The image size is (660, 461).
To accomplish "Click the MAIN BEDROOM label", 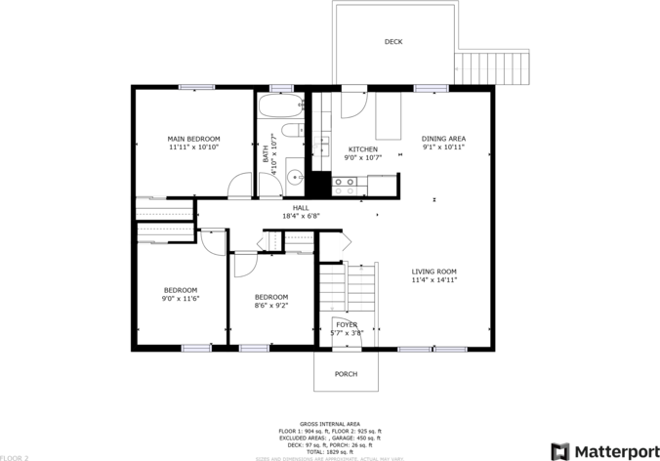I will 193,139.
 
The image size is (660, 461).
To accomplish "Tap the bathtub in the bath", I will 281,105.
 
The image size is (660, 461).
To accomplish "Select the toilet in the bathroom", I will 291,132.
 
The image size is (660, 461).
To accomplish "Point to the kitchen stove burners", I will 345,182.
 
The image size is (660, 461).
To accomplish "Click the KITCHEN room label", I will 362,149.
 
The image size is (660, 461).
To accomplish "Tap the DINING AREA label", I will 443,139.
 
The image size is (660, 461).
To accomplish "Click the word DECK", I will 393,42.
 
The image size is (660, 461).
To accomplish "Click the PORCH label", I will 346,374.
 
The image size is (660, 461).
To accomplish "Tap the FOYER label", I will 347,324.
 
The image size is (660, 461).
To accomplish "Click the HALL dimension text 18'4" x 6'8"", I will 301,216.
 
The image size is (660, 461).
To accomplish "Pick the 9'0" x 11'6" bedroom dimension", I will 180,298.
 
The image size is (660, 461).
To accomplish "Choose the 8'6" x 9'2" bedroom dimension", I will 270,306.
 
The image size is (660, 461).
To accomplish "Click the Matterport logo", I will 602,450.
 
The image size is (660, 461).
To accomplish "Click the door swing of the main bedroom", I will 238,187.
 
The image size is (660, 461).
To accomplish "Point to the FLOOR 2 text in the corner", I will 16,456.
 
